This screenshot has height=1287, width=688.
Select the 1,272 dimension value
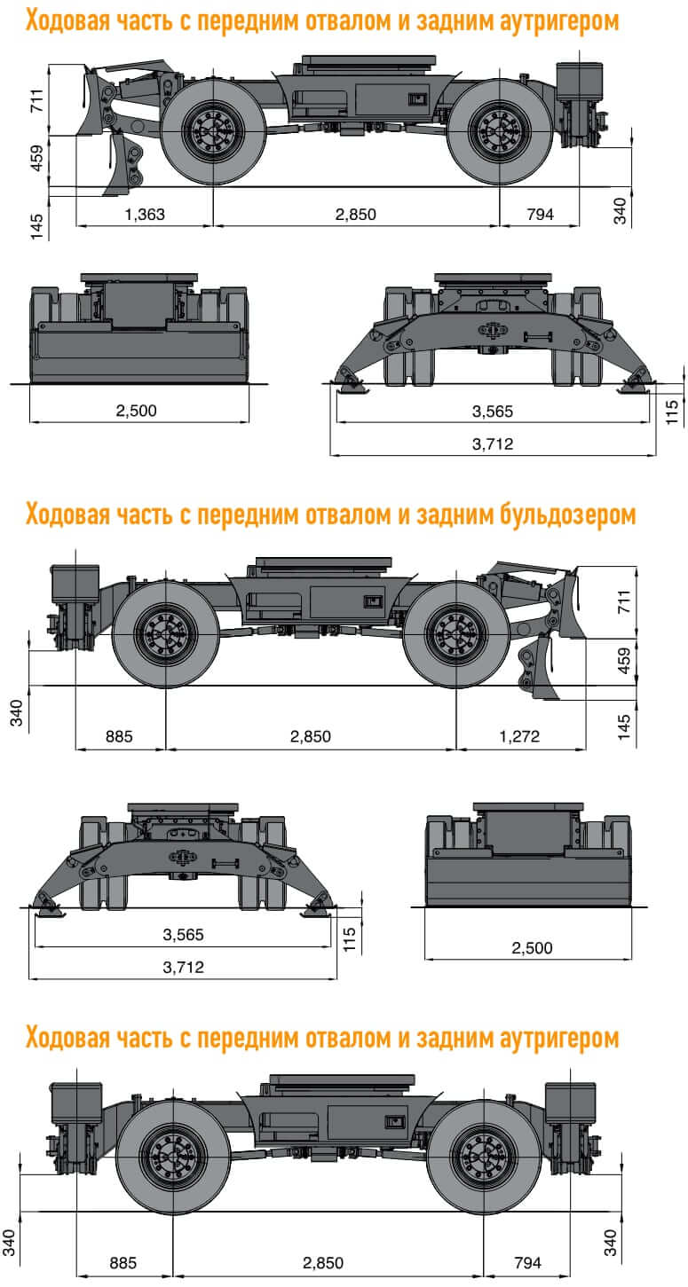520,736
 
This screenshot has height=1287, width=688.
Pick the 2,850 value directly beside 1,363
355,214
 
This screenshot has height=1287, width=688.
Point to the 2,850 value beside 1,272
311,736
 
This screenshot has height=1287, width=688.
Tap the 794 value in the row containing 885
527,1261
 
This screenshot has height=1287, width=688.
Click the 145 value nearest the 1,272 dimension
625,726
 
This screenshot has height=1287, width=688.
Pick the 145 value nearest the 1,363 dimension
36,226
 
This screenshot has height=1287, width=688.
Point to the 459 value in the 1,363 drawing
36,158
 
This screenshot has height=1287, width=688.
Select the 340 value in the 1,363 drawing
621,209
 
